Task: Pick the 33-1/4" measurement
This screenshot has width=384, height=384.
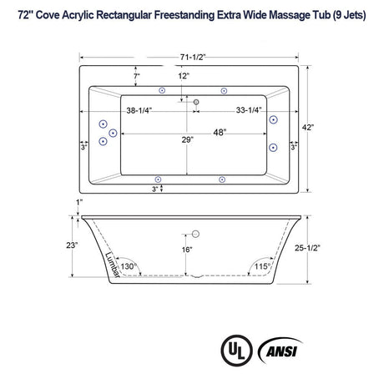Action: tap(231, 109)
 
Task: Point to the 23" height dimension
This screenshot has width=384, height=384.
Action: tap(73, 245)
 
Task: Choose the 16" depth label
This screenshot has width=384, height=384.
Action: tap(187, 249)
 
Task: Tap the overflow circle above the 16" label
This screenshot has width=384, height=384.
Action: tap(193, 235)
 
